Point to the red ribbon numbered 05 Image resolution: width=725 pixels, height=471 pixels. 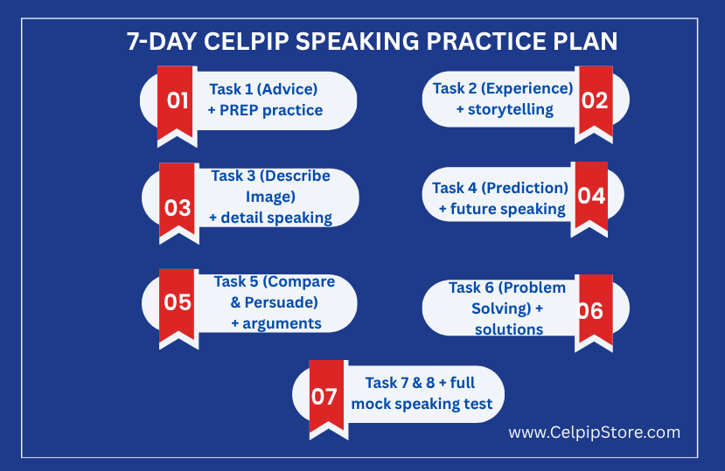point(177,305)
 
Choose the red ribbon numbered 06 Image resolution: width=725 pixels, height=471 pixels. point(596,309)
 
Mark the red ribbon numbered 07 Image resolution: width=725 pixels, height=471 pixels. point(326,395)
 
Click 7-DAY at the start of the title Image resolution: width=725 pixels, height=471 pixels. point(163,41)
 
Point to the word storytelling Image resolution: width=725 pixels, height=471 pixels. point(511,110)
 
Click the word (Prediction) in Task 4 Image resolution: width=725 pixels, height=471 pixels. point(525,188)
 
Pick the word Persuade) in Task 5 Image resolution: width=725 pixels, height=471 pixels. point(281,302)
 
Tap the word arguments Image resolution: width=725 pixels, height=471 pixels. point(282,324)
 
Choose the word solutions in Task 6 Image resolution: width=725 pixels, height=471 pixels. point(509,329)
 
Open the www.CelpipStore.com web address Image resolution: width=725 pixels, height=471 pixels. point(594,433)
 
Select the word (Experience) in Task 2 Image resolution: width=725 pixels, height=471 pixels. point(526,88)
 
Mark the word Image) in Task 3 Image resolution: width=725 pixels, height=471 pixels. point(270,197)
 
